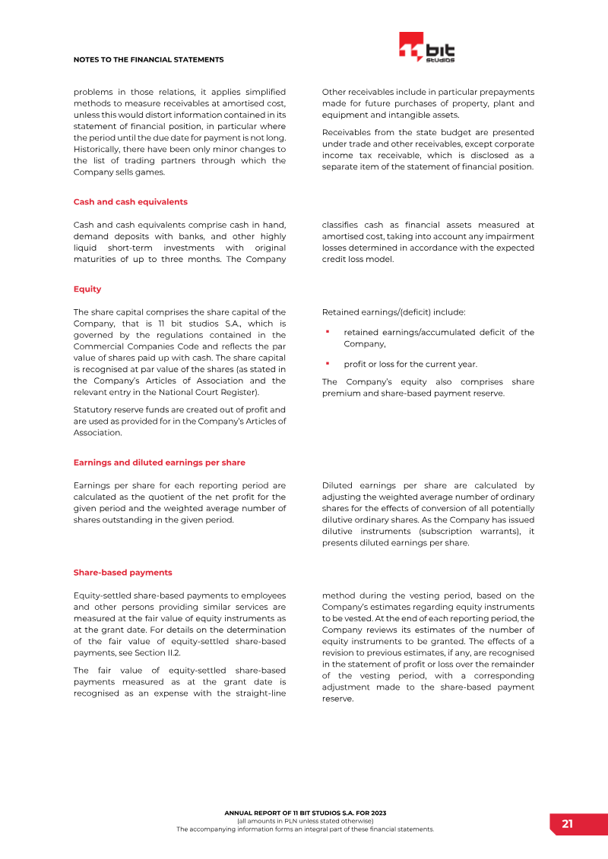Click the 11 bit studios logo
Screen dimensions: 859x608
[x=426, y=48]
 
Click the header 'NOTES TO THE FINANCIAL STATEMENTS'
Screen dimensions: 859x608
[x=148, y=59]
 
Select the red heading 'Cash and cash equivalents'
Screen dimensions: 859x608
[x=130, y=202]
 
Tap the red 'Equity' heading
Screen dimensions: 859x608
[x=87, y=289]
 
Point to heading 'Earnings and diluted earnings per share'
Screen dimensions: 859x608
[x=159, y=463]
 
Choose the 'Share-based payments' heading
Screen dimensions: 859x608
[x=122, y=573]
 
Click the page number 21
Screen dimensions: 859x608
[x=568, y=824]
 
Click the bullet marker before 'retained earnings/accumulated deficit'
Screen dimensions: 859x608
[x=327, y=332]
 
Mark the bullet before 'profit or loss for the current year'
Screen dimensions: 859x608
[x=327, y=364]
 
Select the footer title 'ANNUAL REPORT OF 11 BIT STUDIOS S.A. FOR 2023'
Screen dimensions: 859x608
[x=305, y=813]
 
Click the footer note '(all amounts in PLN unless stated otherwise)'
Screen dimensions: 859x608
[x=305, y=821]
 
